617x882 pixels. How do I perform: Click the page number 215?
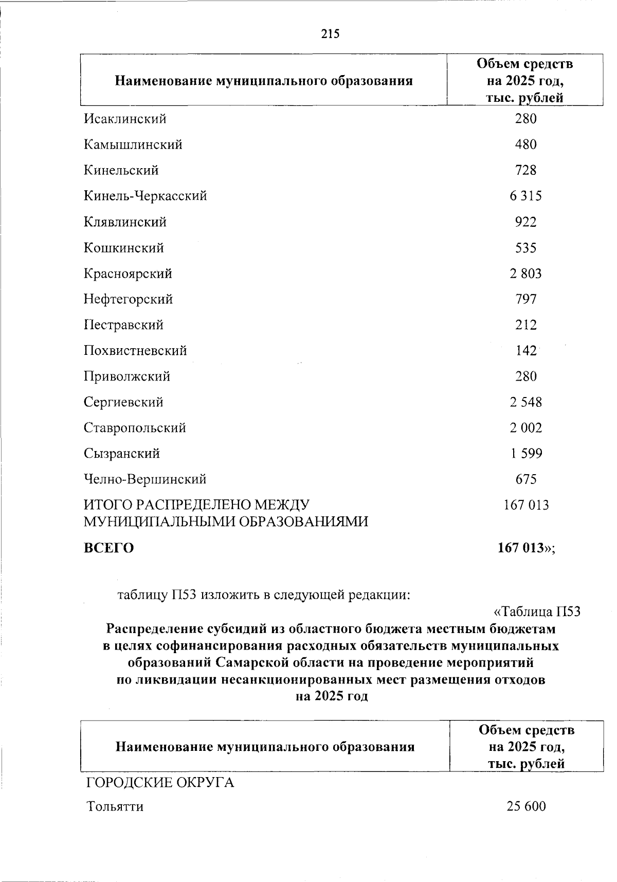coord(331,34)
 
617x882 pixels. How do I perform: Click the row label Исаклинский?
coord(125,119)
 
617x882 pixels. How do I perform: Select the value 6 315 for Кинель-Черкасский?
coord(525,196)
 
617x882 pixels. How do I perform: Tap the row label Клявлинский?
coord(125,222)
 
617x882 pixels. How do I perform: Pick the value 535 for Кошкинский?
coord(525,248)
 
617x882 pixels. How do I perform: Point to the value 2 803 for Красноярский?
coord(525,274)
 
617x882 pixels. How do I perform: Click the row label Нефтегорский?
coord(128,299)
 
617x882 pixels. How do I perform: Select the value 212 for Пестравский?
coord(525,325)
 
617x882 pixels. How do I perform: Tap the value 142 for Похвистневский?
coord(525,351)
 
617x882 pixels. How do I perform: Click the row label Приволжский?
coord(126,376)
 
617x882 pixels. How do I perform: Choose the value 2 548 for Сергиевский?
coord(525,402)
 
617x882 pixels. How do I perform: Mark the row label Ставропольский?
coord(135,428)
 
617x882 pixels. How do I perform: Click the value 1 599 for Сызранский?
coord(525,454)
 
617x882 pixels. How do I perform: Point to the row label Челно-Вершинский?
coord(145,479)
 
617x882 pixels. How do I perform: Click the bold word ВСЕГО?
coord(108,548)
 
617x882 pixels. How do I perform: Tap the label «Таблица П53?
coord(536,611)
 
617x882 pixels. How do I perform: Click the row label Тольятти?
coord(115,806)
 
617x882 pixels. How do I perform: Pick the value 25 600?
coord(525,806)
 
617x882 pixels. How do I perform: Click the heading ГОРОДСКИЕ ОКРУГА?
coord(159,783)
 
